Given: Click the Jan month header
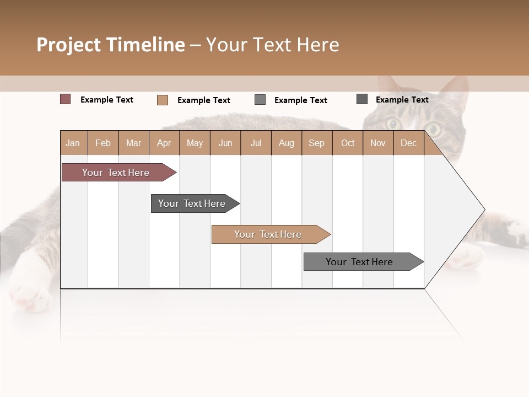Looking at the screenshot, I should click(73, 143).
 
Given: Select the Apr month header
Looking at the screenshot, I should click(164, 143).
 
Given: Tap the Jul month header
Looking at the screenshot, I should click(256, 143).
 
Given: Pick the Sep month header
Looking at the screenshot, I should click(317, 143).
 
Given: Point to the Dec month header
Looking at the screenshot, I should click(409, 143).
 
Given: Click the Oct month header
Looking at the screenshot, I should click(348, 143).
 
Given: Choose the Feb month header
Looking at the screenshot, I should click(103, 143).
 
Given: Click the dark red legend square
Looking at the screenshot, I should click(65, 99).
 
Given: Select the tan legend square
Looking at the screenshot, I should click(162, 100).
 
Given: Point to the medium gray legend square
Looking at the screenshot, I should click(260, 100).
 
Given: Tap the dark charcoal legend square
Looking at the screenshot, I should click(362, 99).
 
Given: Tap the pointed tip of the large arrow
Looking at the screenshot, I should click(484, 210).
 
